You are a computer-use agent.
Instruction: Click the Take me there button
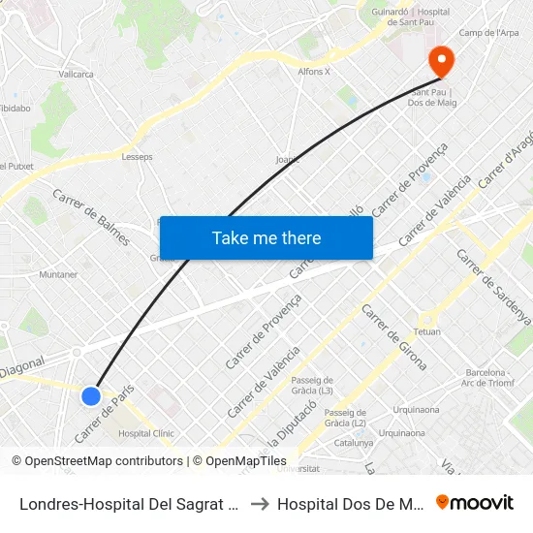[266, 237]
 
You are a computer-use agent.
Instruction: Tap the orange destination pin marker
[441, 61]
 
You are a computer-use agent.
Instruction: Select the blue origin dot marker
[91, 395]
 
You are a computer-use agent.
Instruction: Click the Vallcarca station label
[76, 74]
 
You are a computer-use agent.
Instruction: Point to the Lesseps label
[137, 156]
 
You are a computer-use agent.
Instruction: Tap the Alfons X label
[314, 71]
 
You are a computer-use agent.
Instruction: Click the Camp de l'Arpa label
[488, 33]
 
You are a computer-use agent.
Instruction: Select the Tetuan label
[427, 331]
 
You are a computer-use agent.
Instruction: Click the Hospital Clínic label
[144, 433]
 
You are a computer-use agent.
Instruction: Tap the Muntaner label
[58, 274]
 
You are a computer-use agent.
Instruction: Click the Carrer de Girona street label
[393, 336]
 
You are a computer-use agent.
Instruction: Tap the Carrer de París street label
[103, 411]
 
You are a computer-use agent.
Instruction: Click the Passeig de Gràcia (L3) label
[312, 385]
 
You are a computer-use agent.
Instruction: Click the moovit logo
[475, 502]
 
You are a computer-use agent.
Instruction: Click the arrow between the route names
[260, 503]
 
